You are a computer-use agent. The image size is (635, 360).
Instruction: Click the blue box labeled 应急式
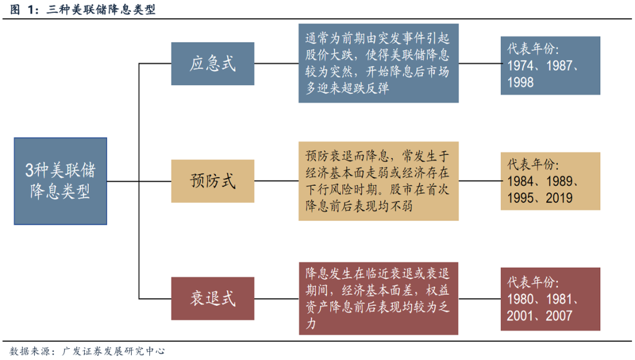[x=213, y=64]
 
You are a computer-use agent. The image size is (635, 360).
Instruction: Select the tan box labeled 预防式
[x=213, y=181]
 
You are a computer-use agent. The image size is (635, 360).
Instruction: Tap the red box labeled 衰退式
[x=213, y=298]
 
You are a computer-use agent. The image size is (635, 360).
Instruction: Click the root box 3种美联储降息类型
[x=61, y=181]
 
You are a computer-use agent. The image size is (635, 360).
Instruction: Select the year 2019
[x=559, y=198]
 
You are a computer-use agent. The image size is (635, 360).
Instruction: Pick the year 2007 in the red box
[x=559, y=315]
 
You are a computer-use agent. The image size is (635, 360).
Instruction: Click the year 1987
[x=559, y=65]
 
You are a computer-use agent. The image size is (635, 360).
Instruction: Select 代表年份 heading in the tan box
[x=534, y=165]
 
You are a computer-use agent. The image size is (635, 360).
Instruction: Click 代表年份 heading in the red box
[x=534, y=282]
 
